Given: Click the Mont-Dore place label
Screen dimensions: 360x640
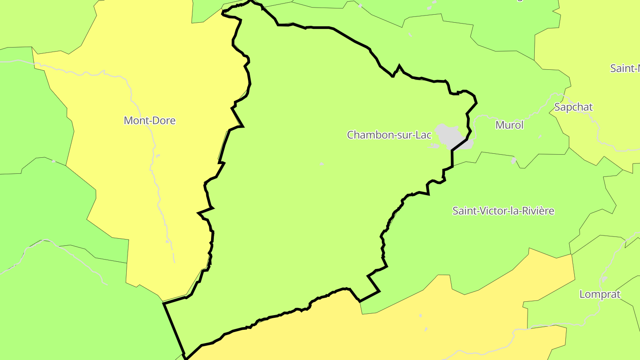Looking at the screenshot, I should click(150, 120).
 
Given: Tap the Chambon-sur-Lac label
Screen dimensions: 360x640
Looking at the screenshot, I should click(389, 135).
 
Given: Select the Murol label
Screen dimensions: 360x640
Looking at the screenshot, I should click(509, 125).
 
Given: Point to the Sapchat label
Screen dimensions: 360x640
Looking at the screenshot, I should click(573, 107).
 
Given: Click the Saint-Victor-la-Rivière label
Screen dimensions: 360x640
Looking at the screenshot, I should click(503, 211).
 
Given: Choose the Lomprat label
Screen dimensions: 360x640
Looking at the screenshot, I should click(600, 294).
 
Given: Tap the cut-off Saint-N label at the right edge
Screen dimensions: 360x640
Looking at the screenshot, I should click(625, 68).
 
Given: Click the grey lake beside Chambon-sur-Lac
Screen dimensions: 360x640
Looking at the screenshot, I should click(450, 135).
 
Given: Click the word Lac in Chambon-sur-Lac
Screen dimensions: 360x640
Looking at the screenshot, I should click(423, 135).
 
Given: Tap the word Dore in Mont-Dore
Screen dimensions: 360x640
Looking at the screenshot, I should click(164, 120).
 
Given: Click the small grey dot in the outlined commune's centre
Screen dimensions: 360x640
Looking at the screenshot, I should click(322, 164).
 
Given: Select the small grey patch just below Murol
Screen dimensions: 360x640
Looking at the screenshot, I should click(514, 160).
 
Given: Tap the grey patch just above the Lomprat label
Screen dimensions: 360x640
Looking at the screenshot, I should click(604, 279).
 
